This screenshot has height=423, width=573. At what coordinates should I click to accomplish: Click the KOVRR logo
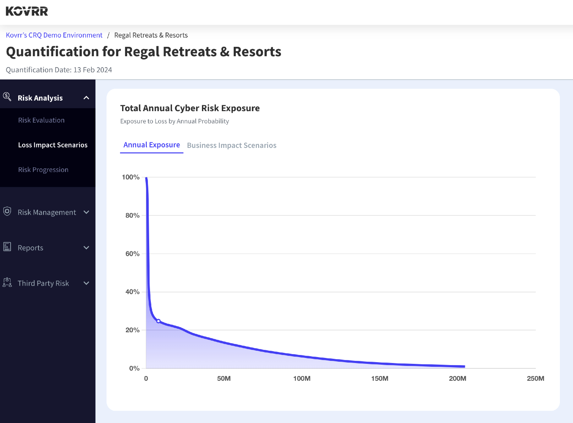(27, 11)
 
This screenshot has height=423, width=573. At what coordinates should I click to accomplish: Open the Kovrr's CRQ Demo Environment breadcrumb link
(54, 35)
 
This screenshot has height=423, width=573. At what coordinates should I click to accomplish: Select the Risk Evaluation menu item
(41, 120)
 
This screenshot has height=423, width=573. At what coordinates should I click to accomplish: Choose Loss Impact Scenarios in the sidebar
(53, 145)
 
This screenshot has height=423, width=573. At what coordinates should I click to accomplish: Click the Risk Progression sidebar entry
(43, 169)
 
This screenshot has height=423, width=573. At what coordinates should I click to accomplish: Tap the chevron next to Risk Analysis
(86, 98)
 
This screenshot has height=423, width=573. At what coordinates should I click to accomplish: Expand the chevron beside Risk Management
(86, 212)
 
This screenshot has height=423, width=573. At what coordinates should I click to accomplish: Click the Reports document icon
(7, 247)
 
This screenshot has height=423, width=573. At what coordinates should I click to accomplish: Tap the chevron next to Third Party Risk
(86, 283)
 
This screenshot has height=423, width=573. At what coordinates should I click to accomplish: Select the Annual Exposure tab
(152, 145)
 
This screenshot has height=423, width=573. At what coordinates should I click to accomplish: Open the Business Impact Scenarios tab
(232, 145)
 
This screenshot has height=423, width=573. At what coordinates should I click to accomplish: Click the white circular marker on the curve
(158, 321)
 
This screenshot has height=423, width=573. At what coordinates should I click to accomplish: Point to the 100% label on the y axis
(131, 177)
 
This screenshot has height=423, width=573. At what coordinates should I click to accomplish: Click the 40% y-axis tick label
(132, 292)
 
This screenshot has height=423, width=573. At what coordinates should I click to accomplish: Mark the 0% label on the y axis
(134, 368)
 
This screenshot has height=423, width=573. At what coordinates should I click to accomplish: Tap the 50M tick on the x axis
(224, 378)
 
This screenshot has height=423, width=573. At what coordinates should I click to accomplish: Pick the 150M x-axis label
(379, 378)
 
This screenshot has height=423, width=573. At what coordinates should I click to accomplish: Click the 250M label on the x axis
(535, 378)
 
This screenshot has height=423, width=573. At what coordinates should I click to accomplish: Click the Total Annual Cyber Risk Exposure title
(190, 108)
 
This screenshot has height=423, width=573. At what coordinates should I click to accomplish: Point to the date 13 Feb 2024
(93, 70)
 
